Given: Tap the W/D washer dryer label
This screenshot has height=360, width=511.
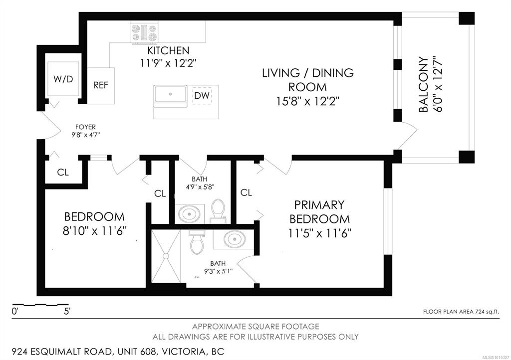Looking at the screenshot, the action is (x=63, y=79).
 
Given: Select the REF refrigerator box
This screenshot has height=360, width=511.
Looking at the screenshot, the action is (x=101, y=86).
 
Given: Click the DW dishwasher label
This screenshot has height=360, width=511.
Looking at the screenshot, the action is (x=202, y=96).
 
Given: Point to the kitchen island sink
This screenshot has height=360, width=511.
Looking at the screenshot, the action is (x=171, y=94).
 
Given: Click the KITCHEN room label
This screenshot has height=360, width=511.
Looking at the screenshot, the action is (x=168, y=50).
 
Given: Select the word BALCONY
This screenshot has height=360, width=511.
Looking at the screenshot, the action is (x=423, y=85).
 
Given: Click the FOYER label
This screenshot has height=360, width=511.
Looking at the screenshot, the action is (x=85, y=127).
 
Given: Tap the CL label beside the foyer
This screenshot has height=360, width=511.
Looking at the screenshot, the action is (x=63, y=172).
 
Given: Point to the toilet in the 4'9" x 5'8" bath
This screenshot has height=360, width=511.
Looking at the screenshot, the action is (x=218, y=210).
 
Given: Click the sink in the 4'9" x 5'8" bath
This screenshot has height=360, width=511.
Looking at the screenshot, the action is (x=190, y=214).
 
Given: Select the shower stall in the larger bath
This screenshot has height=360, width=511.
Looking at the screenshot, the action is (x=166, y=256).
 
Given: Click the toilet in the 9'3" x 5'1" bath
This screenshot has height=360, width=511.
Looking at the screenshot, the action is (x=197, y=242).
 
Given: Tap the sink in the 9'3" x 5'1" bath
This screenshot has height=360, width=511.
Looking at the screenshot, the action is (x=234, y=239).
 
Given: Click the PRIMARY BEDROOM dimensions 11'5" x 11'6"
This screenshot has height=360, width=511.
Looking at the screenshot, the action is (x=320, y=233).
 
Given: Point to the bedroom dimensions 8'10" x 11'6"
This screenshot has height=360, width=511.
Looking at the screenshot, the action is (x=94, y=231).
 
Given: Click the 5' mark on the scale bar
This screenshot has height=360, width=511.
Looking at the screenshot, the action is (x=67, y=312).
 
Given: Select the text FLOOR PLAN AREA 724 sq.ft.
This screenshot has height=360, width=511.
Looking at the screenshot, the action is (x=461, y=312).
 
